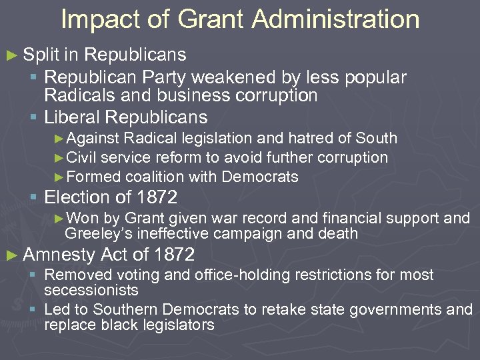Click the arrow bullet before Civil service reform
(x=59, y=158)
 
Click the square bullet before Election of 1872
(x=34, y=198)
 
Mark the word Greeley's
(x=92, y=233)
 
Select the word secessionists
(x=91, y=290)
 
